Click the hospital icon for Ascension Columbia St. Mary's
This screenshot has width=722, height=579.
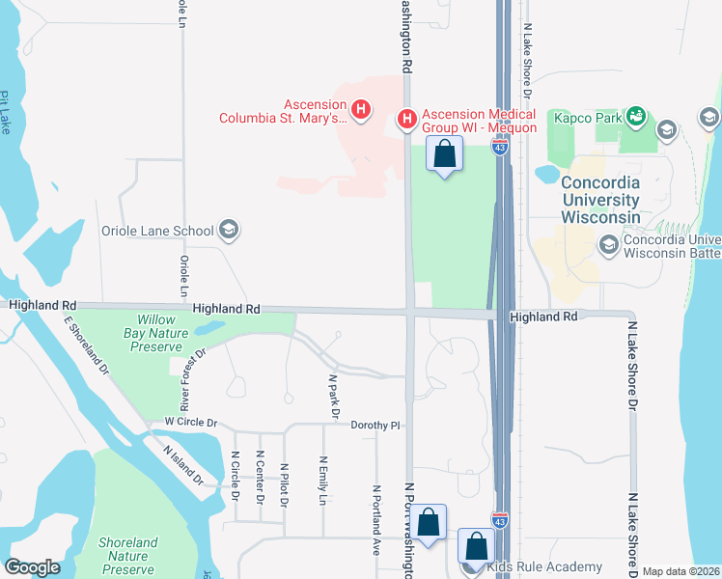(x=361, y=110)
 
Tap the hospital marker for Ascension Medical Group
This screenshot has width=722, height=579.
(x=407, y=119)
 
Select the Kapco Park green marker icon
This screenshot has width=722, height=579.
(x=635, y=117)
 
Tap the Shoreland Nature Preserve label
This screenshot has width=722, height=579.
(x=127, y=556)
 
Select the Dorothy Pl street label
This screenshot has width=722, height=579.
(x=375, y=425)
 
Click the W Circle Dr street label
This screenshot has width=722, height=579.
(x=192, y=423)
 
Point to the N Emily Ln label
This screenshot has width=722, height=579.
(x=323, y=481)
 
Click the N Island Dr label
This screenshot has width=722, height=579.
(x=182, y=465)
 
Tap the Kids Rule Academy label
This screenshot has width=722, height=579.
(x=545, y=566)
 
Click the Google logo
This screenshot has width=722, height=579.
(x=32, y=567)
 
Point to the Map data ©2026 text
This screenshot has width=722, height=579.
(x=681, y=571)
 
